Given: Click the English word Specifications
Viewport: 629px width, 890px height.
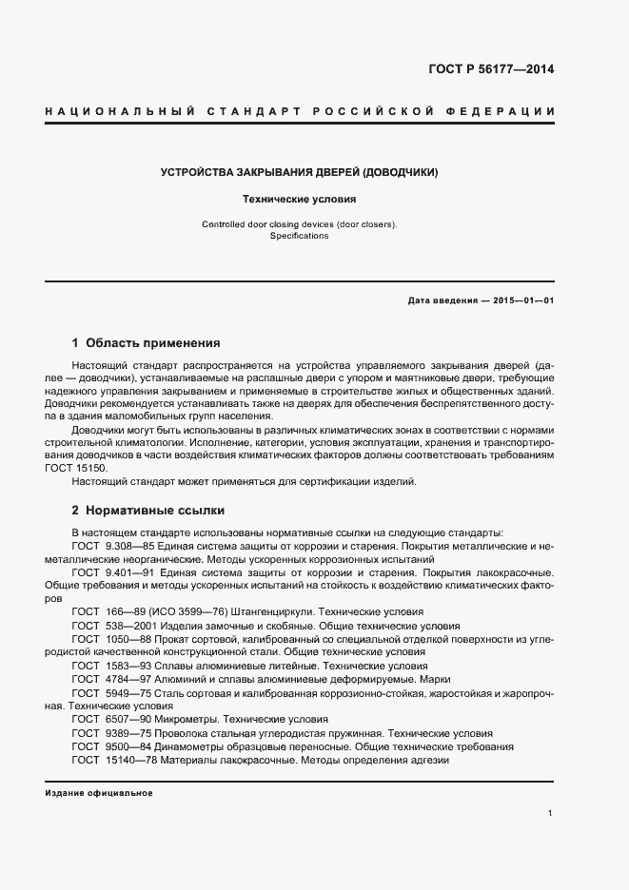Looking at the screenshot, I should [298, 236].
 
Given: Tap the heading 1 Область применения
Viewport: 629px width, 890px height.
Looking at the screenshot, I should [146, 342].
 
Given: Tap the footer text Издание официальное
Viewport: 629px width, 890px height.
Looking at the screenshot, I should [99, 793].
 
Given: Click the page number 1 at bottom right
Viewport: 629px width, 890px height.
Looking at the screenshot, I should [551, 813].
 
